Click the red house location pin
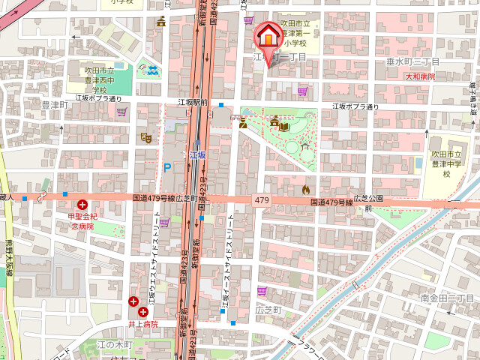(x=267, y=37)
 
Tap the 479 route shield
(x=262, y=200)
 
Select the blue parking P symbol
(x=167, y=167)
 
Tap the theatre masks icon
(x=145, y=138)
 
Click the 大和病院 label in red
(x=420, y=76)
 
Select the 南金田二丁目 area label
(x=447, y=298)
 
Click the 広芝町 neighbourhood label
(x=268, y=309)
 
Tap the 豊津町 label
(x=54, y=106)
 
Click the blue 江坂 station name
(x=197, y=154)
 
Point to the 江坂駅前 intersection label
(x=193, y=102)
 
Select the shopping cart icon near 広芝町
(x=262, y=291)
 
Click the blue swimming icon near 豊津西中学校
(x=152, y=71)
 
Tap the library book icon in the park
(x=285, y=127)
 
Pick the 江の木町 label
(x=114, y=344)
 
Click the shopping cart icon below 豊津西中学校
(x=121, y=112)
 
